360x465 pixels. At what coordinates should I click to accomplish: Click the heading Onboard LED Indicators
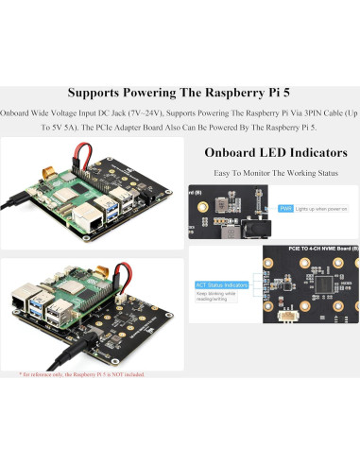pos(275,152)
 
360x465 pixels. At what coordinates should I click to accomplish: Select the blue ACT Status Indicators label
pos(222,284)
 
